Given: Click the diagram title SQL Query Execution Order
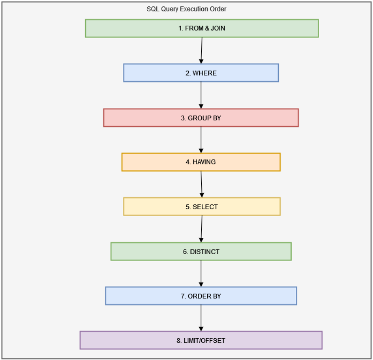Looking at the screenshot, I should point(186,9).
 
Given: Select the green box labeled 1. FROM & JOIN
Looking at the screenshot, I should point(202,28).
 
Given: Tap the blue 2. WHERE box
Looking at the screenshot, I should point(201,73).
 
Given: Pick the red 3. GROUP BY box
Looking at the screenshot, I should point(201,118).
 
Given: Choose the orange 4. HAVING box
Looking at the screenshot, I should point(201,162).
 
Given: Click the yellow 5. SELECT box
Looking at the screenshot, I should point(202,207).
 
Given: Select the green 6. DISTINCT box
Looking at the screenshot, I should point(201,252).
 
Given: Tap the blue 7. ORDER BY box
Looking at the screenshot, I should point(201,296).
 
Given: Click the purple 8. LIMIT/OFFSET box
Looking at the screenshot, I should point(201,340).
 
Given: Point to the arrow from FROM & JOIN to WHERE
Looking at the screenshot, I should point(201,51).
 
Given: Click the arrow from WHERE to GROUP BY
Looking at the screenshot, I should point(201,95).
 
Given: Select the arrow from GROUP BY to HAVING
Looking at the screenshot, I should point(201,140).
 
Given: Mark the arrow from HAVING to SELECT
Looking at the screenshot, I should point(201,184).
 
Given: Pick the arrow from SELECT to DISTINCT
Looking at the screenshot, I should point(201,229).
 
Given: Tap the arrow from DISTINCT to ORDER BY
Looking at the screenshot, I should point(201,274).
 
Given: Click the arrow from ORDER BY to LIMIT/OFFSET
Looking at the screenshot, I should point(201,318).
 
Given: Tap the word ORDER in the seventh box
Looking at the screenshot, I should point(197,296).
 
